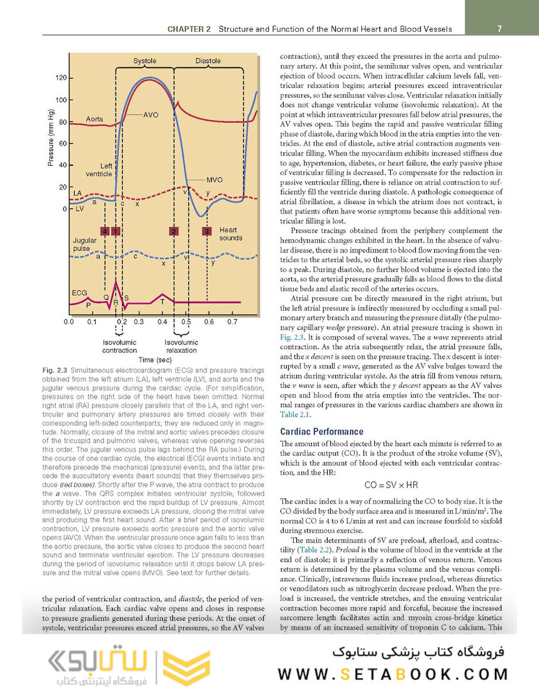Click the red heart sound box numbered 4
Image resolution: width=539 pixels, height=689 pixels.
105,231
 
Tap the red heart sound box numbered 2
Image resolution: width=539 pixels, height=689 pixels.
174,231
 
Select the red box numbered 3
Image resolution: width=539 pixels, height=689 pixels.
206,231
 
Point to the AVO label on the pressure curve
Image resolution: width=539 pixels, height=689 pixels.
151,115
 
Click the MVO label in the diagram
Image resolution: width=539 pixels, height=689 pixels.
215,180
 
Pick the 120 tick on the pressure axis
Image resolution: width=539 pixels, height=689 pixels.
61,78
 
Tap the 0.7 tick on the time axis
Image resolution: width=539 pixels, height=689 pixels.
232,322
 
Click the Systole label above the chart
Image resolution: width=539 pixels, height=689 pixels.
144,61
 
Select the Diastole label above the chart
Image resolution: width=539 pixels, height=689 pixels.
208,61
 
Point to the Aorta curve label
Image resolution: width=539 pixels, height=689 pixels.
95,119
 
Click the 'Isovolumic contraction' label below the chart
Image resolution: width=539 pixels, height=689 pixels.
119,346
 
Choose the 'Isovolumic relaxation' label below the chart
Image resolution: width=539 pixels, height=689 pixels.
181,346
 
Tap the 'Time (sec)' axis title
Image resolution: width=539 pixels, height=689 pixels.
155,360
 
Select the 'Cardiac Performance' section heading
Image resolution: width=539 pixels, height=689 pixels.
322,432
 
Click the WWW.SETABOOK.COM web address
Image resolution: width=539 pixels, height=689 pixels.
393,674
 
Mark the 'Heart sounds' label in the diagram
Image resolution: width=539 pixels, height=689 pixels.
231,234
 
